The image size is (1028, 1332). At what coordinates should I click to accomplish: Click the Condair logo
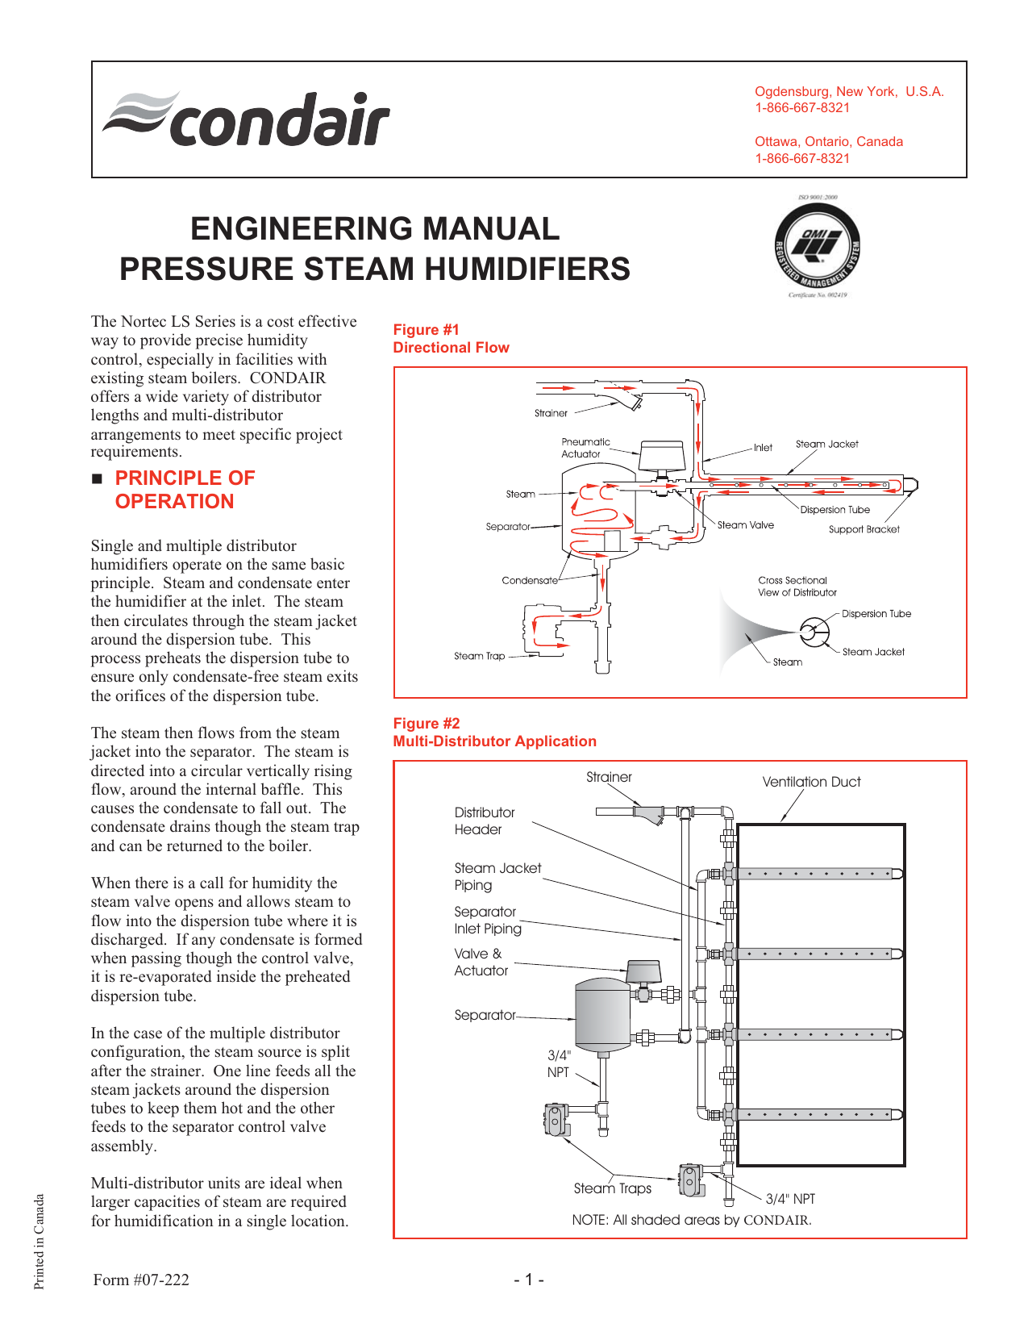tap(247, 119)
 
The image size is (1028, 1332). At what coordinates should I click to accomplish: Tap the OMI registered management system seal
tap(818, 245)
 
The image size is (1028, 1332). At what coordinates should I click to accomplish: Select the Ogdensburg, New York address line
tap(848, 92)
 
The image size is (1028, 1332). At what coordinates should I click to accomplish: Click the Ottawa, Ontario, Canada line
tap(828, 142)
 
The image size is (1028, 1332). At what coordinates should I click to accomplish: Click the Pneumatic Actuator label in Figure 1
tap(585, 448)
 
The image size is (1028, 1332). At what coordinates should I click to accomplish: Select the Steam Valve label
tap(745, 525)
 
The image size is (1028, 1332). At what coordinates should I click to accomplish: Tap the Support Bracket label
tap(864, 530)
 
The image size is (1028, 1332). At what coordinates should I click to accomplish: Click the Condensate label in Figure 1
tap(529, 580)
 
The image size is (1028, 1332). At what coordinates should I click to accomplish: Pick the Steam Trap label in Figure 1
tap(479, 656)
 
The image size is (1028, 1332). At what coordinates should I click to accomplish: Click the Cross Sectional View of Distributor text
tap(797, 587)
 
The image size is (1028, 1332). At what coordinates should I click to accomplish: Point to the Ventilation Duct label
tap(811, 782)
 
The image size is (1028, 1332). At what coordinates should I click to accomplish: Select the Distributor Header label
tap(484, 821)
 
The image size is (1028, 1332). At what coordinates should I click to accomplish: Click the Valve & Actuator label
tap(481, 962)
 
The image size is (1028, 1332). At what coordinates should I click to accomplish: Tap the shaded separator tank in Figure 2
tap(601, 1013)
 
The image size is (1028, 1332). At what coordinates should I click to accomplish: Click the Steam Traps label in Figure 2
tap(612, 1188)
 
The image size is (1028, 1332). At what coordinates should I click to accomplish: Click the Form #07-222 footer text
tap(141, 1280)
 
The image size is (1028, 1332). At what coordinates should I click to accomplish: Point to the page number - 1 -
tap(529, 1280)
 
